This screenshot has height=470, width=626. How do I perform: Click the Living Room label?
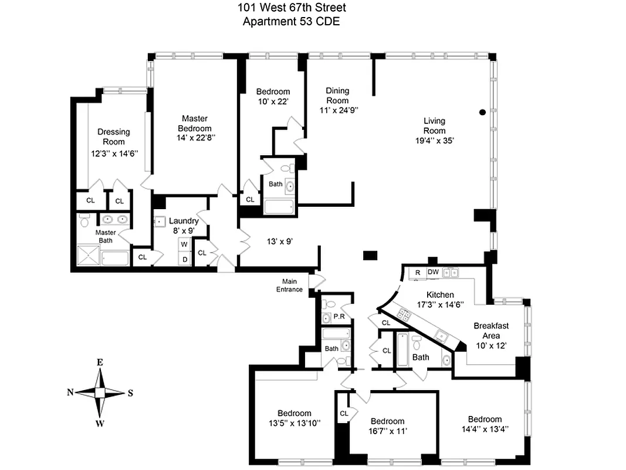(435, 126)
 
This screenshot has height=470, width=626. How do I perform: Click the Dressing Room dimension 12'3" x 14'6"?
(113, 154)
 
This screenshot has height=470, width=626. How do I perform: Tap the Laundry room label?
(184, 221)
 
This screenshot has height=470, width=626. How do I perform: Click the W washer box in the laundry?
(184, 244)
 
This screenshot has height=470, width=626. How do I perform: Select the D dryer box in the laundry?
(184, 258)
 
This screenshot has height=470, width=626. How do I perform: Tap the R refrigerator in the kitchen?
(417, 272)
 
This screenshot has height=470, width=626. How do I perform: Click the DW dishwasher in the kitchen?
(433, 272)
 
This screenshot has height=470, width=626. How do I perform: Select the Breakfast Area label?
(491, 330)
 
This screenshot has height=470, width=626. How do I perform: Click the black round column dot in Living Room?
(482, 112)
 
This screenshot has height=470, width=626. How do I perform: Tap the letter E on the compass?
(100, 362)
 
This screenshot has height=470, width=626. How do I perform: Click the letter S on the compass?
(130, 393)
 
